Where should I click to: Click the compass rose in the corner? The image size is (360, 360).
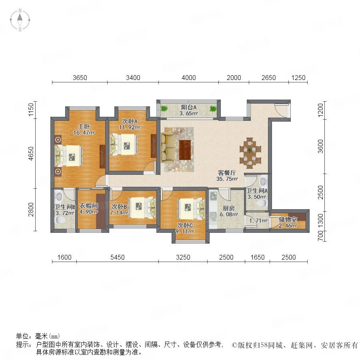pos(20,20)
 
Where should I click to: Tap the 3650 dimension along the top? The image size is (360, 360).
pos(80,78)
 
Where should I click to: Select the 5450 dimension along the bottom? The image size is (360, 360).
pos(117,257)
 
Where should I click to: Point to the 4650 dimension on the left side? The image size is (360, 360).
pos(31,154)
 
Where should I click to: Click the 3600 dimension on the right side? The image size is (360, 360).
pos(320,146)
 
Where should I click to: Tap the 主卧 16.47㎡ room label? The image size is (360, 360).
pos(84,130)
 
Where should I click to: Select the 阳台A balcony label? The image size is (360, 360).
pos(188,107)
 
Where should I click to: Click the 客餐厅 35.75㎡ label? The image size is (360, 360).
pos(227,176)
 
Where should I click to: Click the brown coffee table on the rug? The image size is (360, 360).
pos(185,150)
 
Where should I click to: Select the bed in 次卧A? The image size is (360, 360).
pos(124,145)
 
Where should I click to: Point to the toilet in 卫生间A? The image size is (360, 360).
pos(262,203)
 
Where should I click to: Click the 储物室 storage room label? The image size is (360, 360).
pos(288,220)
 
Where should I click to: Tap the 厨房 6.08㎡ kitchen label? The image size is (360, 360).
pos(229,212)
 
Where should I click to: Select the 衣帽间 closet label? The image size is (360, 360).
pos(89,206)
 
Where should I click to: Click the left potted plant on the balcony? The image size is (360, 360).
pos(164,108)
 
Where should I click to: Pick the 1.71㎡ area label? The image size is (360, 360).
pos(258,221)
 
